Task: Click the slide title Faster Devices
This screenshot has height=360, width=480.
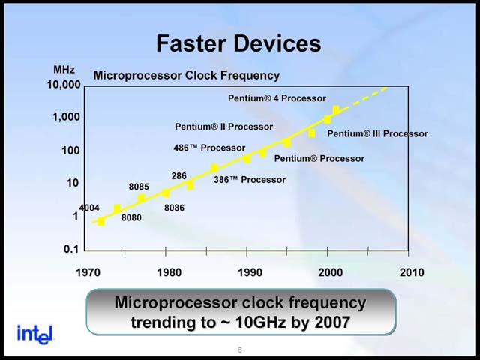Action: [x=238, y=43]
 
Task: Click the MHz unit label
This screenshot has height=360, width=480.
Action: [x=64, y=70]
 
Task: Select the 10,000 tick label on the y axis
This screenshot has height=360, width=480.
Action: [x=63, y=85]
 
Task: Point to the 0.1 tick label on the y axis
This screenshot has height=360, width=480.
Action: [x=71, y=249]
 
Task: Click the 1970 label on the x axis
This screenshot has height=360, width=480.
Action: [x=88, y=272]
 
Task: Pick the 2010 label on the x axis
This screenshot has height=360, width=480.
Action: [x=411, y=272]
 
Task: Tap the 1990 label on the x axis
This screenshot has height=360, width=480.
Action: [x=250, y=272]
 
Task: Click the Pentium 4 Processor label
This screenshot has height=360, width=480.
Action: [x=277, y=98]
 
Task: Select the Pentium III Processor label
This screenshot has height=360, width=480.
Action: [x=377, y=133]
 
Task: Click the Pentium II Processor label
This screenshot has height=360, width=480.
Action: [x=223, y=127]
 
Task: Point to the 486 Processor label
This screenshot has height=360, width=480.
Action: [x=209, y=148]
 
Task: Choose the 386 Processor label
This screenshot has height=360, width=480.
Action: [x=250, y=180]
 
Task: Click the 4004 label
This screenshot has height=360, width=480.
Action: [x=88, y=208]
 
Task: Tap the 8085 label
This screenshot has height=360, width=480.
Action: [x=139, y=187]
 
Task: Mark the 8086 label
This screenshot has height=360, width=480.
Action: [x=175, y=208]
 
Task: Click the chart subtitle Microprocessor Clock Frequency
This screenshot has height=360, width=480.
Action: [x=186, y=75]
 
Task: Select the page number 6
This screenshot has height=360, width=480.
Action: [x=239, y=349]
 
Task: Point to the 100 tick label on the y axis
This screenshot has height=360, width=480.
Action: [x=70, y=151]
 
